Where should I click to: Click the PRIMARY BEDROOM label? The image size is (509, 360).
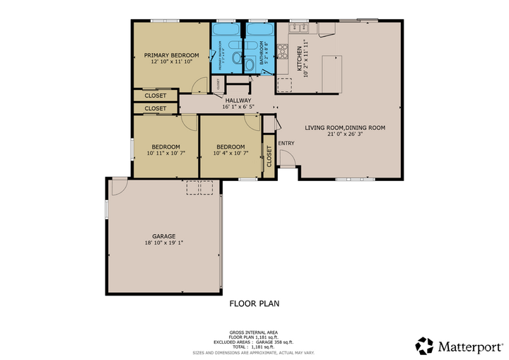171,55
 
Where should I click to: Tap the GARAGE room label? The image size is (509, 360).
163,236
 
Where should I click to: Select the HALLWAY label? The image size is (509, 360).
238,100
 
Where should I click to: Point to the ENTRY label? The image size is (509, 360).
286,144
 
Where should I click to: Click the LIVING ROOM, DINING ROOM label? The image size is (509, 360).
345,128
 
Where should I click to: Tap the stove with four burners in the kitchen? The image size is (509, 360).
282,50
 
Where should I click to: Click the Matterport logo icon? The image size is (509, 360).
424,345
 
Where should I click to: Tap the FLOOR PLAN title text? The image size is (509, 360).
255,303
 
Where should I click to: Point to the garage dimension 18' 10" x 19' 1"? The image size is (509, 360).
163,243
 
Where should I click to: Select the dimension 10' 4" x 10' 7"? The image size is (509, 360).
230,153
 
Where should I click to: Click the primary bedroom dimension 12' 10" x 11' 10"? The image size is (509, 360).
171,62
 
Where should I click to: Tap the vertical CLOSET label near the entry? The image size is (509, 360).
269,159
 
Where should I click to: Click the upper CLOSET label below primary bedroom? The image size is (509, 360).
156,95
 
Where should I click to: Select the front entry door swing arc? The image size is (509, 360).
287,159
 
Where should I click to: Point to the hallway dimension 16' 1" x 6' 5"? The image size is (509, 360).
238,108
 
